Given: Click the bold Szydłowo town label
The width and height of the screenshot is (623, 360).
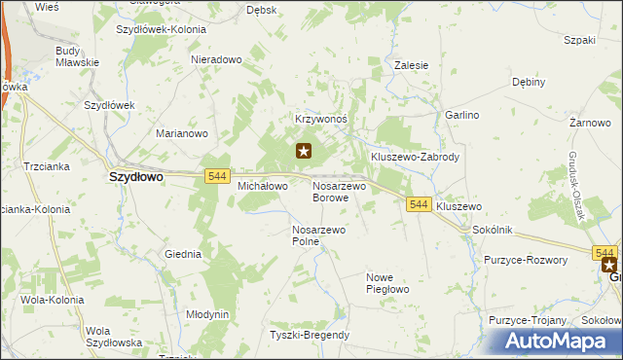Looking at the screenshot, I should click(134, 178).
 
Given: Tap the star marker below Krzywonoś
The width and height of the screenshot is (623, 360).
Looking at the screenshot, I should click(304, 151).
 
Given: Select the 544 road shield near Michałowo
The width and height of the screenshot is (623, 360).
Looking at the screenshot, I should click(218, 175).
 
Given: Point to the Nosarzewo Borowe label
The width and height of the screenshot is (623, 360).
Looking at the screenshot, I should click(338, 191).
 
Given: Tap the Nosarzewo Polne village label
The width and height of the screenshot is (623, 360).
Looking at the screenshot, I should click(318, 235).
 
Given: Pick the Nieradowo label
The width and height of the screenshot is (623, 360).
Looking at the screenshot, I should click(216, 59).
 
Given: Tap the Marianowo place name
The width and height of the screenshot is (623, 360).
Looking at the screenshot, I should click(184, 133).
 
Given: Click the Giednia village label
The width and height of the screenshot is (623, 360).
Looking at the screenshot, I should click(183, 254).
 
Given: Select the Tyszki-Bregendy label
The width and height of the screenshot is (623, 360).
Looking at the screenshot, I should click(310, 335).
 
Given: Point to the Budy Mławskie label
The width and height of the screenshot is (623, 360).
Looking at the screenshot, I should click(78, 55).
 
